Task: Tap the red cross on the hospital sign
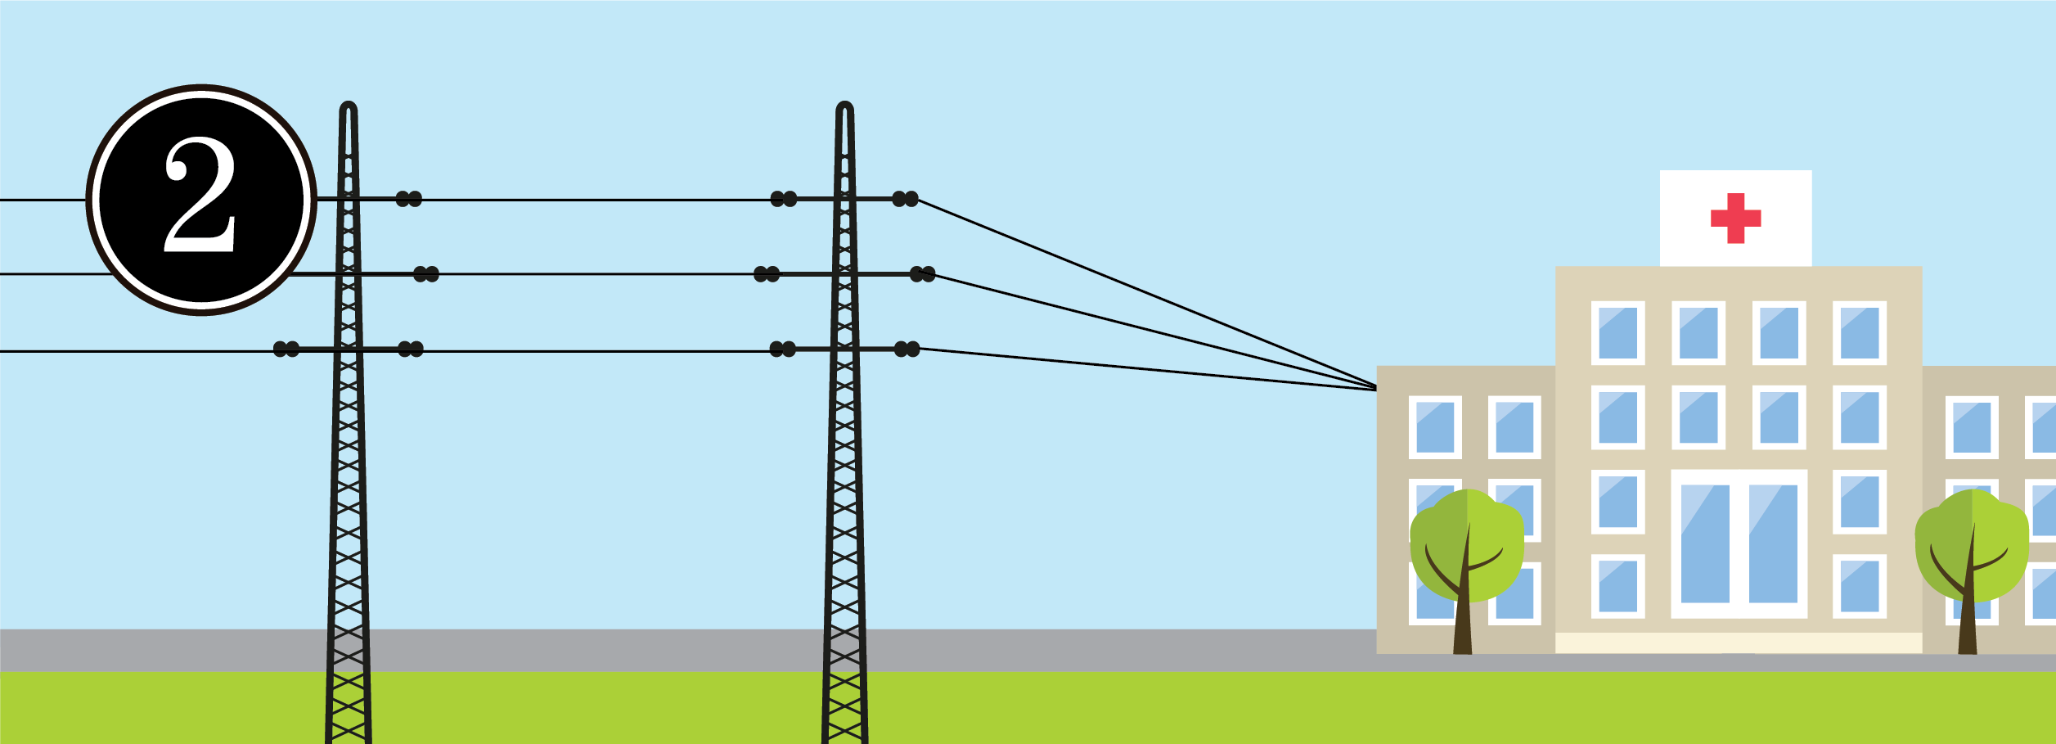pos(1735,218)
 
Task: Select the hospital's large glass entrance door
pos(1739,543)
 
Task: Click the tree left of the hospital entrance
pos(1466,557)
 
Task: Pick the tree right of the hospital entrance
pos(1972,557)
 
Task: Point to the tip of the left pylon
pos(349,106)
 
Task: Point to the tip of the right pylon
pos(845,106)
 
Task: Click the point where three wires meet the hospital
pos(1376,388)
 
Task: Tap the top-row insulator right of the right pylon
pos(905,199)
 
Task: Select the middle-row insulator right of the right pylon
pos(922,274)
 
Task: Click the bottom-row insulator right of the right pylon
pos(907,349)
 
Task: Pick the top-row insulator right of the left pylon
pos(409,199)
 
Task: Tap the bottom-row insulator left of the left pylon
pos(286,349)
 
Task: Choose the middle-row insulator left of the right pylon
pos(767,274)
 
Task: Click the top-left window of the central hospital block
pos(1617,333)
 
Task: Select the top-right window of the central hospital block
pos(1860,333)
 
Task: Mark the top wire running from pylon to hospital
pos(1145,293)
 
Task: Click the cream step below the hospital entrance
pos(1739,643)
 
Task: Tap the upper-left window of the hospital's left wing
pos(1435,427)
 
